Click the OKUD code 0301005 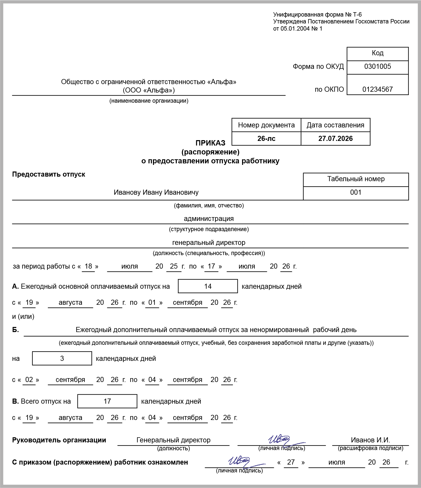coord(377,67)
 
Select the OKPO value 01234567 coord(377,89)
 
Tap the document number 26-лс coord(266,139)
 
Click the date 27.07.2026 coord(335,139)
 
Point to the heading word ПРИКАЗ coord(210,143)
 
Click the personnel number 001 coord(356,192)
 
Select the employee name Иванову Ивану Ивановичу coord(156,192)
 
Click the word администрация coord(209,219)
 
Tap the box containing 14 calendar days coord(208,286)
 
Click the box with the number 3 coord(62,359)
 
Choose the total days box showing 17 coord(107,401)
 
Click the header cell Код coord(377,53)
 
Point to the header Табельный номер coord(356,179)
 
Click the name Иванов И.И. coord(370,440)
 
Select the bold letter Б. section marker coord(16,330)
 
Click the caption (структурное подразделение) coord(209,229)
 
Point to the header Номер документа coord(266,125)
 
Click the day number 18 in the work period coord(88,266)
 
